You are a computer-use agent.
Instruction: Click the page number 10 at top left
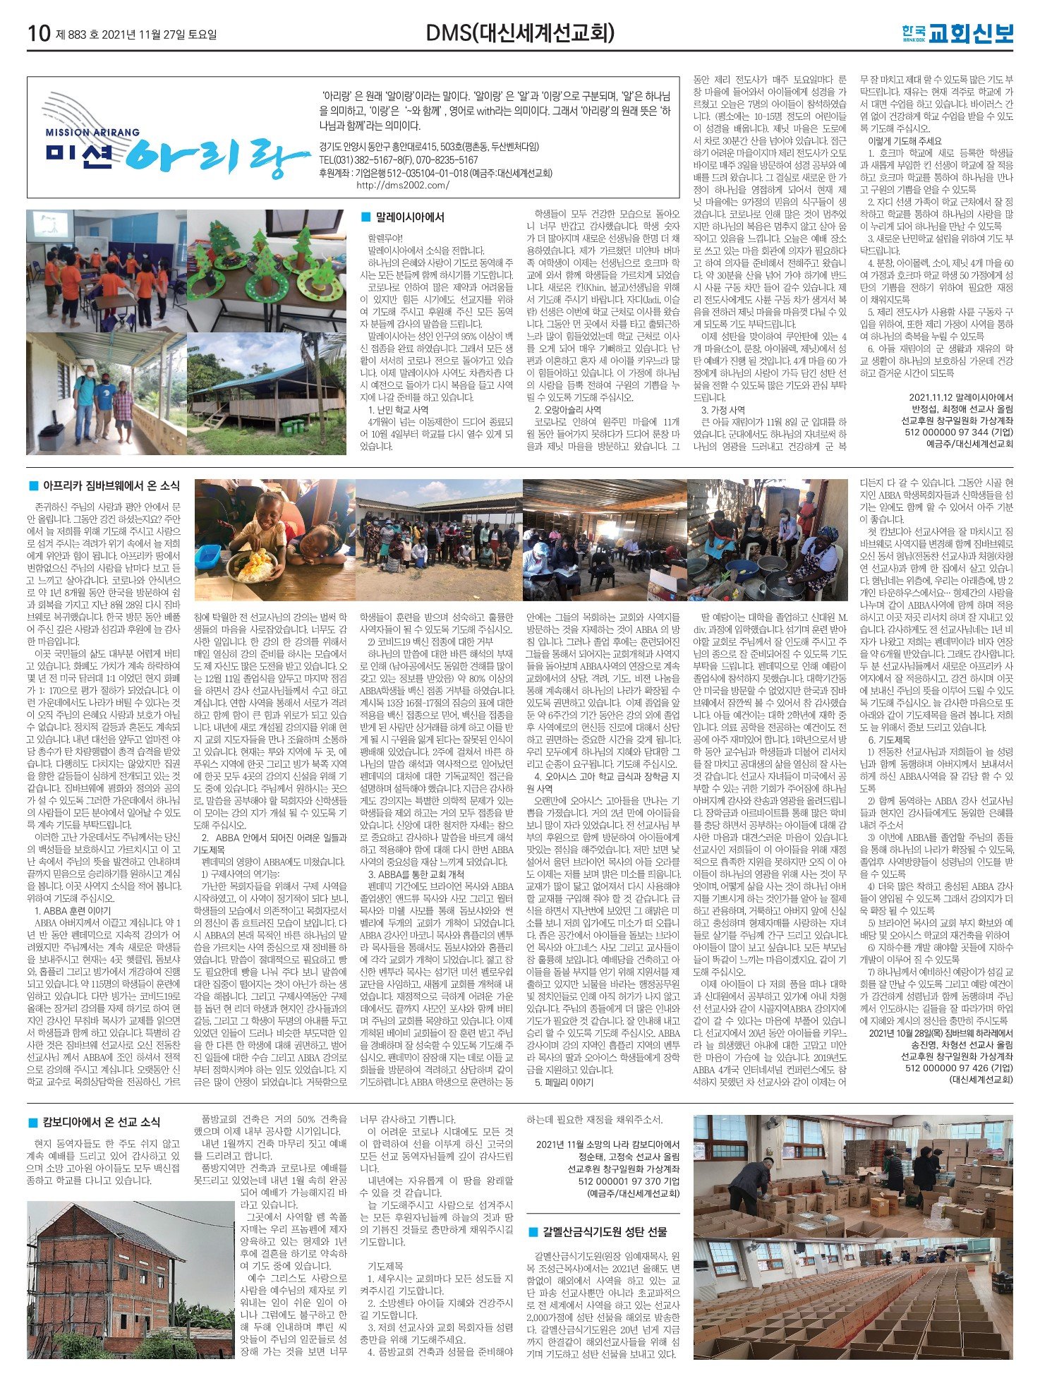click(38, 33)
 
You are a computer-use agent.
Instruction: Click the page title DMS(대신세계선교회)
click(520, 33)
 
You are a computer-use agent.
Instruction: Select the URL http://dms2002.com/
click(402, 186)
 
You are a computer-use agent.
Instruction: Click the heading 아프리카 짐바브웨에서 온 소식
click(111, 485)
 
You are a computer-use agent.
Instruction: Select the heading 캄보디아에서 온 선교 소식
click(101, 1122)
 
